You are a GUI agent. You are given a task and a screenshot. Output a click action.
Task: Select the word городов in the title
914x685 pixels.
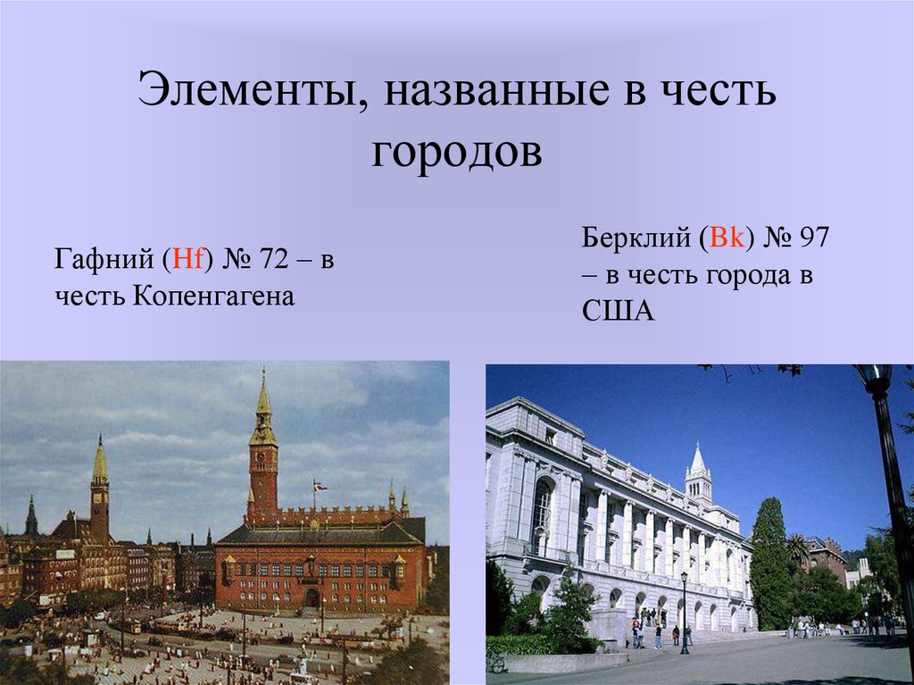pos(456,152)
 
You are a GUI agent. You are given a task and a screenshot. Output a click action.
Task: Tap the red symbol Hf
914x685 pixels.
pos(188,260)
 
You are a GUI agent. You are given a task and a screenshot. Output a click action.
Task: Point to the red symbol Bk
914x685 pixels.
pos(722,239)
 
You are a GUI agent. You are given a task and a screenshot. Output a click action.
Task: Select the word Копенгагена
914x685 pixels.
pos(214,295)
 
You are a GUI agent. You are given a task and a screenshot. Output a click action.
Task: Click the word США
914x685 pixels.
pos(619,311)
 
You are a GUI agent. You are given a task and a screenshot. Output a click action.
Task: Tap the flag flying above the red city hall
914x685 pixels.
pos(319,486)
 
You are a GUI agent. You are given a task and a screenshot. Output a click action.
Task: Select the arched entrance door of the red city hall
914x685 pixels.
pos(312,597)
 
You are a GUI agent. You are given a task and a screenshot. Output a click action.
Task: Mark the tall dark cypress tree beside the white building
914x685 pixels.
pos(769,563)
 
